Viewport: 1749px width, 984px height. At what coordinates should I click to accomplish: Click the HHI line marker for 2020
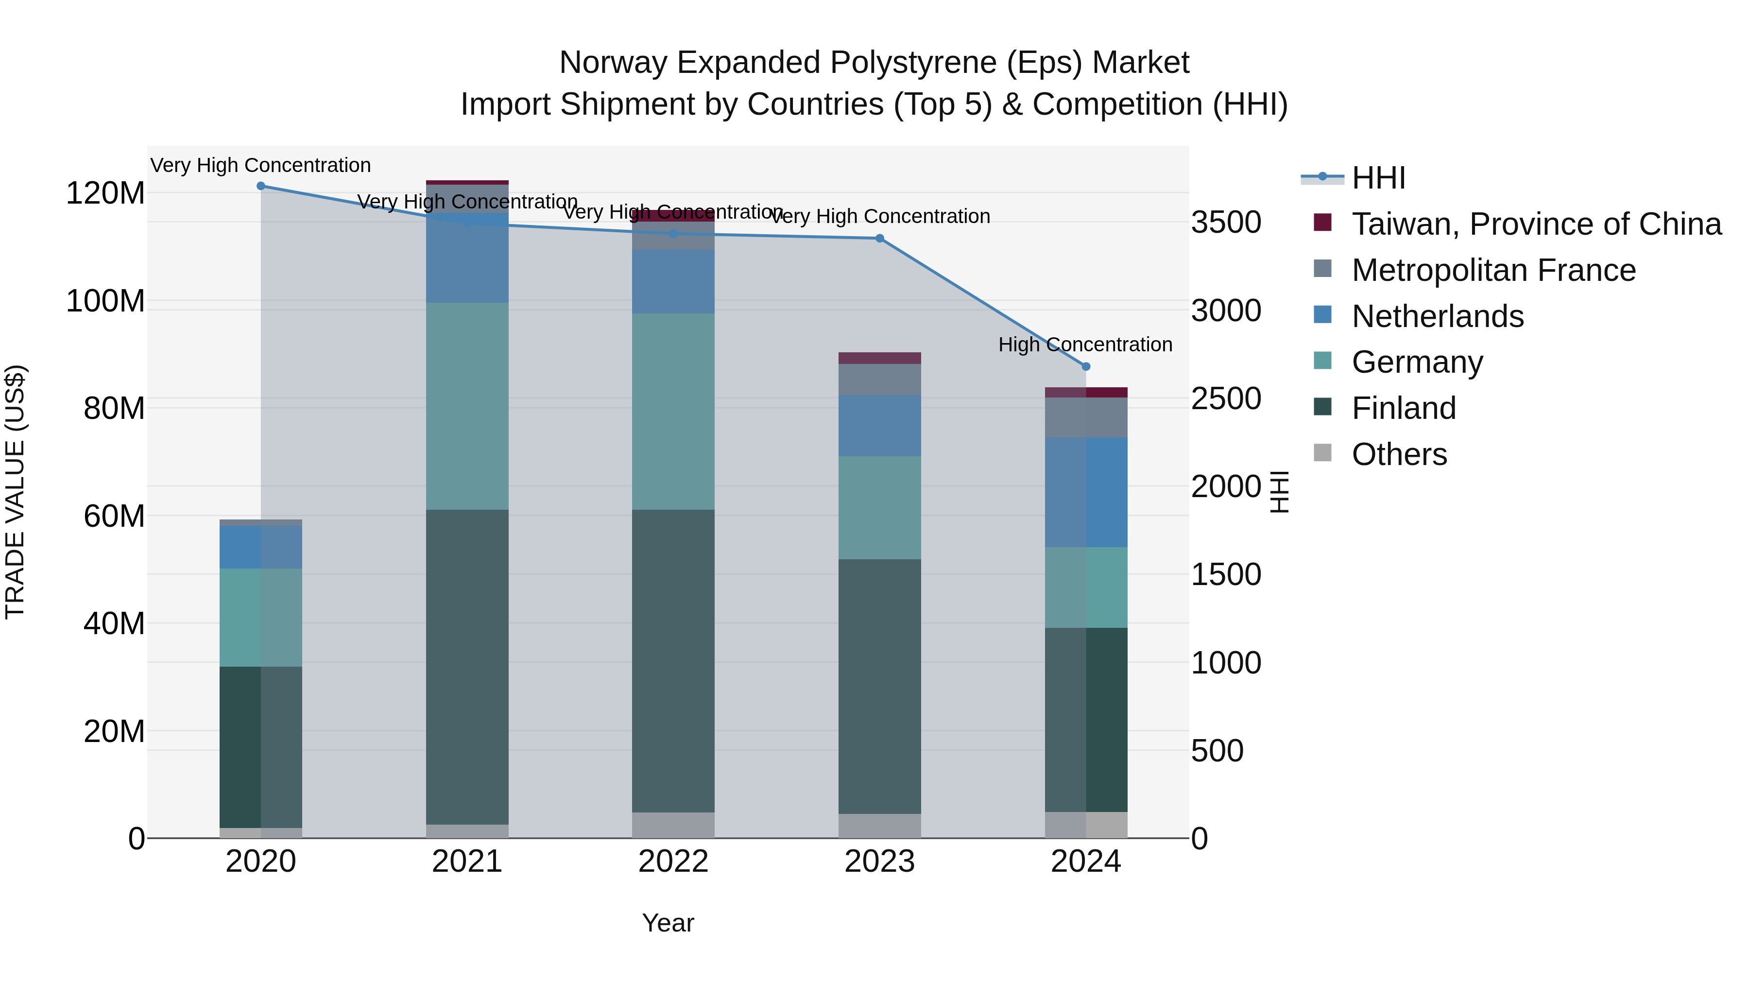point(261,186)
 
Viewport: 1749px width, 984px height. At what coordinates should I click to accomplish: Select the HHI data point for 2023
point(879,239)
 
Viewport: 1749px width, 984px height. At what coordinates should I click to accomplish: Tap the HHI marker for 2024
point(1086,367)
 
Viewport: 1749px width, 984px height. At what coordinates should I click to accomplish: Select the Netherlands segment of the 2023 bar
point(879,426)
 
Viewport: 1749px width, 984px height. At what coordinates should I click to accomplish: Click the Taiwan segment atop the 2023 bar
point(879,358)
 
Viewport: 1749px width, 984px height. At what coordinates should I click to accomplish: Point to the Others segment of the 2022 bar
point(673,825)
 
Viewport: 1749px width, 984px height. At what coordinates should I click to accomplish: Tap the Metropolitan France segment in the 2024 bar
point(1086,417)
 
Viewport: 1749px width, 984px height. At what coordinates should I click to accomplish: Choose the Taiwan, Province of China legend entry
point(1536,224)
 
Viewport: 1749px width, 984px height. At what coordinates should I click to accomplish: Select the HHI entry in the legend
point(1378,178)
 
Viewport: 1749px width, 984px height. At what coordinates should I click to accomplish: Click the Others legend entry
point(1399,454)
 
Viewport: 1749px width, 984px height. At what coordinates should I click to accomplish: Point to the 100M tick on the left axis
point(105,301)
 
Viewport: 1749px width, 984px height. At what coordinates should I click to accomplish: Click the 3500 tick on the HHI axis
point(1226,223)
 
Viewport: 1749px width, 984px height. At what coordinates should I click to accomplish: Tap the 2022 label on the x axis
point(673,862)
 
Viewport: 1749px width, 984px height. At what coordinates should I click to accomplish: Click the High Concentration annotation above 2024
point(1085,345)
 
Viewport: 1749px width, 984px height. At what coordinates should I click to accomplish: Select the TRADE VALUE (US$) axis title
point(16,492)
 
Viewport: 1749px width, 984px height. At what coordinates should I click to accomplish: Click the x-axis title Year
point(668,923)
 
